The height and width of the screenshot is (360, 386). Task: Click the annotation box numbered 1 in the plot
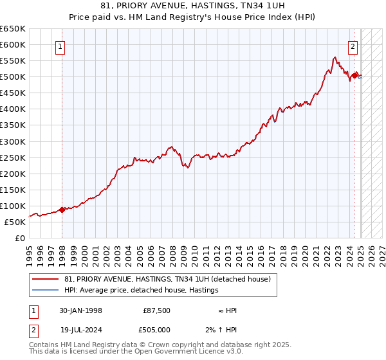tap(60, 46)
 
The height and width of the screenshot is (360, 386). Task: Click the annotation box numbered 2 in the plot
tap(353, 46)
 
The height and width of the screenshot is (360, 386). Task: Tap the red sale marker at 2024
tap(354, 75)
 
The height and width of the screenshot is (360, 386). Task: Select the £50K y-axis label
tap(15, 222)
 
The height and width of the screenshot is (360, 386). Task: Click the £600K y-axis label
tap(13, 45)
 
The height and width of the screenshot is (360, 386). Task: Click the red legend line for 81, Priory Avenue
tap(46, 279)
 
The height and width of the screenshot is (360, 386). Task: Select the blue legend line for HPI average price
tap(46, 290)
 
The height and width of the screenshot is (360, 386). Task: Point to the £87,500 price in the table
tap(156, 310)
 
